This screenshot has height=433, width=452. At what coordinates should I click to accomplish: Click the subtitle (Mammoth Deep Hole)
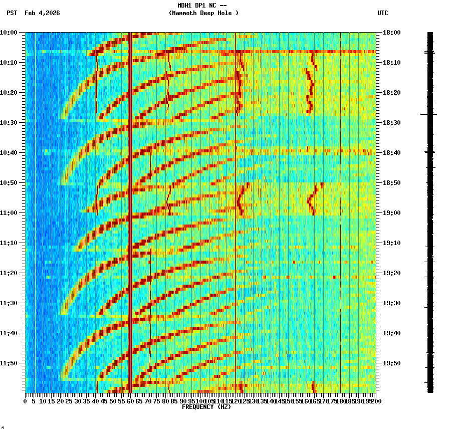[203, 13]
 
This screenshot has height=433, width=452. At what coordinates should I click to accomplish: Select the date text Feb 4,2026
[42, 13]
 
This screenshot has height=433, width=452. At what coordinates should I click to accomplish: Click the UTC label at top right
[383, 13]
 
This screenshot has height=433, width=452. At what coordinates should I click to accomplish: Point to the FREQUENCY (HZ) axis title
[206, 407]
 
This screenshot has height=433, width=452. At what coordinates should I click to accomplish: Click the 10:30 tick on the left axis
[9, 123]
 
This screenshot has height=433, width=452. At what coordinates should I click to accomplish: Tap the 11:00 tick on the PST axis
[9, 213]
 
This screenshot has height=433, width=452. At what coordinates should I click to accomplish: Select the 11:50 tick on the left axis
[9, 363]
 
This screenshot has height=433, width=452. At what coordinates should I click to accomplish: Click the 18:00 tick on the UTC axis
[391, 33]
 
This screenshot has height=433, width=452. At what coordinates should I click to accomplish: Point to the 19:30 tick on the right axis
[391, 303]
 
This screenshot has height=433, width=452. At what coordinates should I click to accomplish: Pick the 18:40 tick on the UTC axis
[391, 153]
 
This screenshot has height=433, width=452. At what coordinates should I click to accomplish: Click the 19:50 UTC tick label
[391, 363]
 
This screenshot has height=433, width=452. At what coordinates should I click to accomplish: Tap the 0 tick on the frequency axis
[26, 401]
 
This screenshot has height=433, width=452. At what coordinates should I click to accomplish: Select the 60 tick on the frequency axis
[130, 401]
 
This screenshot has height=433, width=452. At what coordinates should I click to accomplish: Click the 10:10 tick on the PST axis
[9, 63]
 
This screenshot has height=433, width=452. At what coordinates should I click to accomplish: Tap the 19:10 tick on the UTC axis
[391, 243]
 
